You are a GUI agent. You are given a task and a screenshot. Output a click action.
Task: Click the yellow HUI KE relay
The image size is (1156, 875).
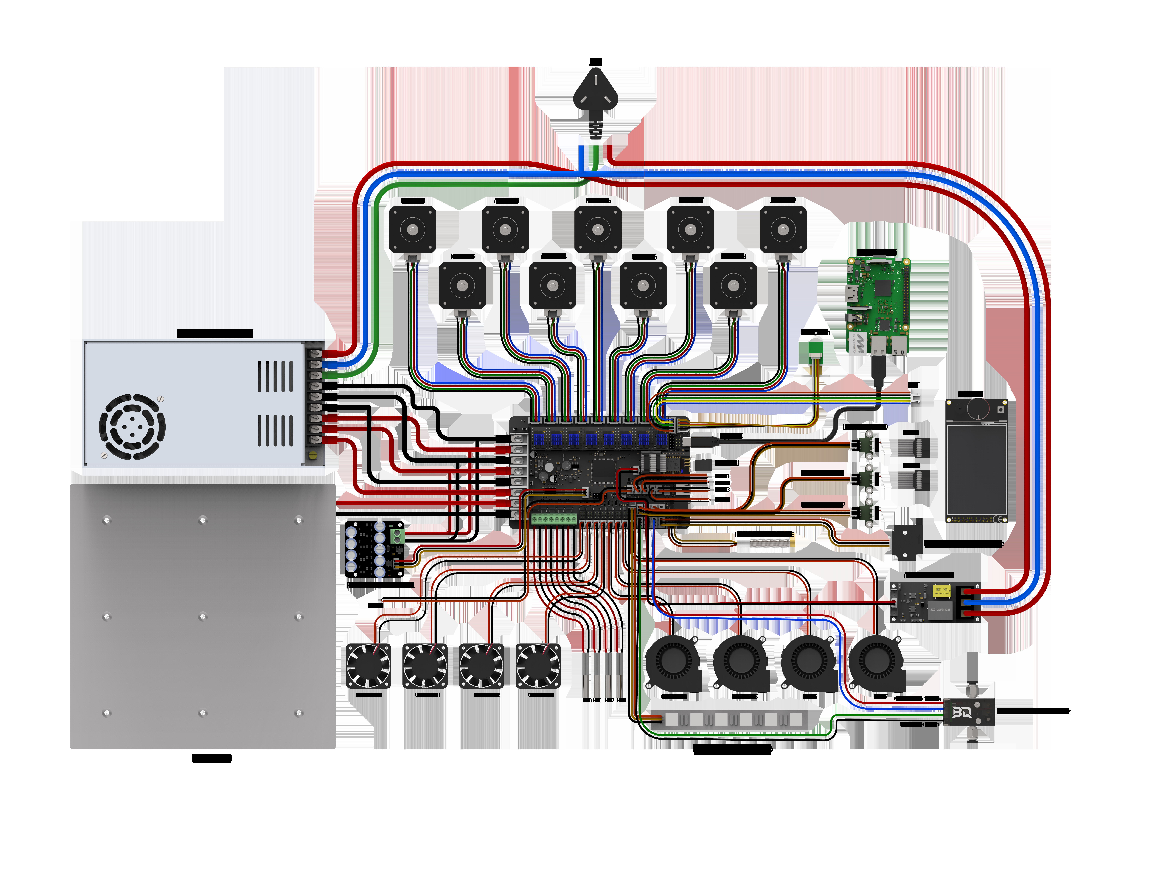tap(941, 591)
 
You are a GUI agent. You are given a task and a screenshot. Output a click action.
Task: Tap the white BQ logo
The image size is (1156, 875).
tap(960, 712)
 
